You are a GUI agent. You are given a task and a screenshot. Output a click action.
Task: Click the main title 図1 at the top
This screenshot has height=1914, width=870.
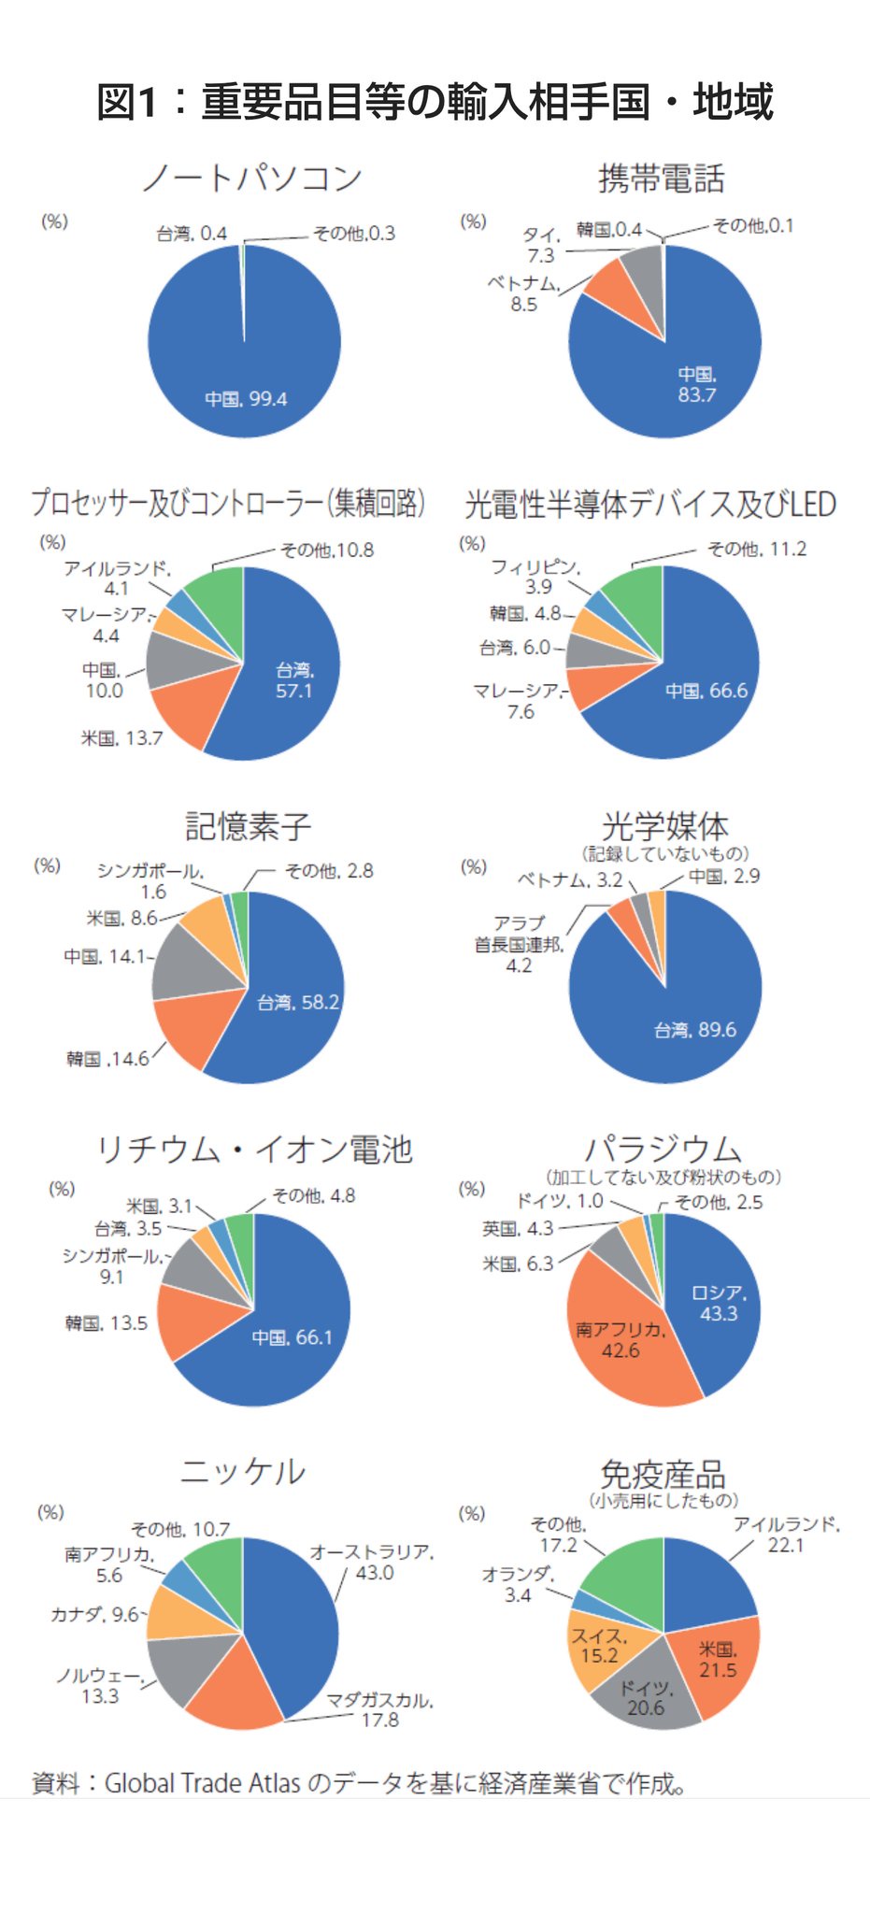(x=435, y=101)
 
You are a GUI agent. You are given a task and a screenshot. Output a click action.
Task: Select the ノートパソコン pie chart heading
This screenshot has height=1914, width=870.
(x=252, y=178)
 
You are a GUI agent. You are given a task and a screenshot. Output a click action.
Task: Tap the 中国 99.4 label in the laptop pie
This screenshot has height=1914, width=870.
(x=246, y=399)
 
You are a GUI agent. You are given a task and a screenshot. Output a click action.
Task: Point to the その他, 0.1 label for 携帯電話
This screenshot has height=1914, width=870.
(x=753, y=225)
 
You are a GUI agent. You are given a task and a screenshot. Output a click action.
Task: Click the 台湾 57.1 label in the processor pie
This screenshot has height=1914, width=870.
(x=294, y=680)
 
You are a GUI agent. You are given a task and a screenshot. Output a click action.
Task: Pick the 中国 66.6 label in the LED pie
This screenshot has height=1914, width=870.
(x=706, y=691)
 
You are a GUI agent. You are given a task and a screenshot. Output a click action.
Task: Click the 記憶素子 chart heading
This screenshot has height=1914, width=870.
(x=248, y=826)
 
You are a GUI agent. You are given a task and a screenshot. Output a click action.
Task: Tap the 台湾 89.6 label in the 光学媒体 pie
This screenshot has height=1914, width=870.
(x=695, y=1030)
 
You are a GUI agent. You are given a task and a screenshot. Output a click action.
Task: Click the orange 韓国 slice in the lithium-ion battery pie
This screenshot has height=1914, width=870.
(x=194, y=1320)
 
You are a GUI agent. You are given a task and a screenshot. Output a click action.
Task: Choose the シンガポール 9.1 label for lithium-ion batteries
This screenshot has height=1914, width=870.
(x=112, y=1266)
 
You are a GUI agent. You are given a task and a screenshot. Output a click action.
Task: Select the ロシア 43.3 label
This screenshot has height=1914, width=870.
(x=719, y=1303)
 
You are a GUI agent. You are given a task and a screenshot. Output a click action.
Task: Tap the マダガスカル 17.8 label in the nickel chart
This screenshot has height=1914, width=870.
(x=379, y=1709)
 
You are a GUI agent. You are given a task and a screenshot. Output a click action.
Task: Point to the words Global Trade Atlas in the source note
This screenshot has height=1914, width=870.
(x=202, y=1783)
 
